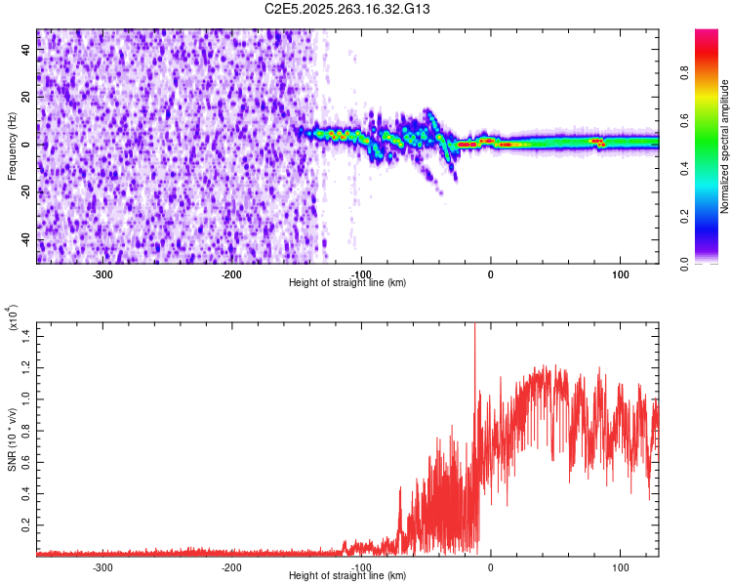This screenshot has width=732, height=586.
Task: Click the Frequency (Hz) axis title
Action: pos(12,146)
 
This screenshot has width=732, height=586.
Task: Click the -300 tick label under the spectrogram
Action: pos(102,273)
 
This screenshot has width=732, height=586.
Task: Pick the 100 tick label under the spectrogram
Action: pos(619,273)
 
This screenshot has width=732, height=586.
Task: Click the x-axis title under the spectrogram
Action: pos(347,282)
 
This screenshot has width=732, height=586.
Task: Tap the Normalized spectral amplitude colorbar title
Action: pos(724,146)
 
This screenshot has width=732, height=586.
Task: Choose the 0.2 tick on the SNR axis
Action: pos(25,523)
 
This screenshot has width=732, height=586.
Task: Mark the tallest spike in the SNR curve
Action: pos(474,325)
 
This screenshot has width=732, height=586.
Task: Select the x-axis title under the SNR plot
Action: pos(347,575)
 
